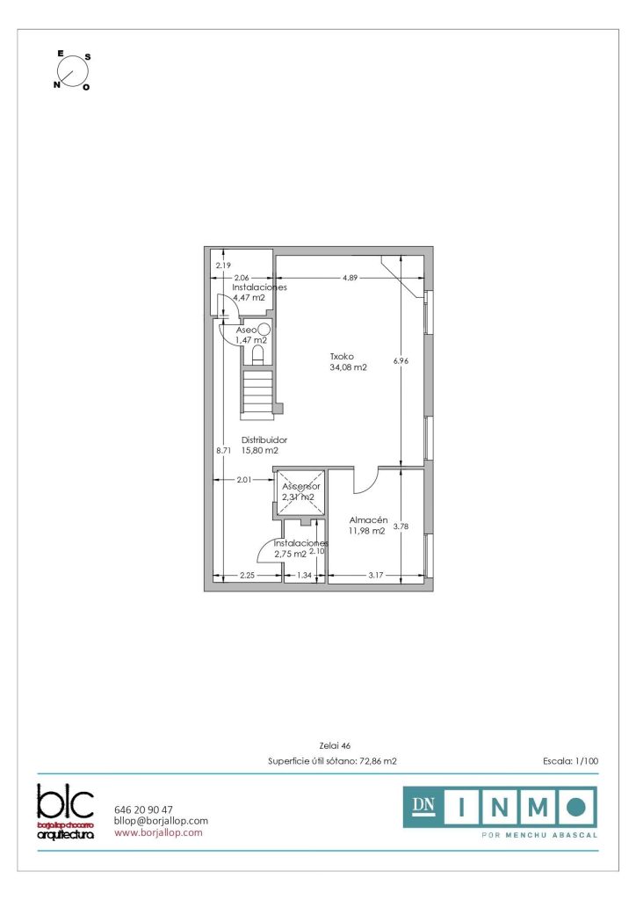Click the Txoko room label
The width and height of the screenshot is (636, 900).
pyautogui.click(x=342, y=357)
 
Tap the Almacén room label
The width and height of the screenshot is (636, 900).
pyautogui.click(x=368, y=520)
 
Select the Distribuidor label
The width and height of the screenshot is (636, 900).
pyautogui.click(x=264, y=439)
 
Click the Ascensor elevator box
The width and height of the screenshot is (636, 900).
pyautogui.click(x=300, y=492)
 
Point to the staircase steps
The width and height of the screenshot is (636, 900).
pyautogui.click(x=257, y=391)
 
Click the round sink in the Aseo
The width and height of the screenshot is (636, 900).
pyautogui.click(x=264, y=330)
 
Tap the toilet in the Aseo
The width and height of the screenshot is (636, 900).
pyautogui.click(x=258, y=354)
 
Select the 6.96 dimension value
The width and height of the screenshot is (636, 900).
pyautogui.click(x=401, y=361)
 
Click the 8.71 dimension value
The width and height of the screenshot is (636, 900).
pyautogui.click(x=223, y=451)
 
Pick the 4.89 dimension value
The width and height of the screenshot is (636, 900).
pyautogui.click(x=350, y=278)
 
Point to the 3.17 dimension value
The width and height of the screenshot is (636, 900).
pyautogui.click(x=376, y=575)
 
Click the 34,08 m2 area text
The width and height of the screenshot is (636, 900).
pyautogui.click(x=348, y=367)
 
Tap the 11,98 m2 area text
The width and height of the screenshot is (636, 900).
pyautogui.click(x=366, y=531)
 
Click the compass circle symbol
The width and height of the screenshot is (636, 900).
pyautogui.click(x=73, y=71)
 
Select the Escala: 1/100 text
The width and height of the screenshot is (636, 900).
pyautogui.click(x=571, y=761)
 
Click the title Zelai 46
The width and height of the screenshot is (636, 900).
pyautogui.click(x=335, y=745)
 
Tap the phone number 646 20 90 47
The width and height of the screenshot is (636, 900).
pyautogui.click(x=143, y=809)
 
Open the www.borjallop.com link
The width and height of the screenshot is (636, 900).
pyautogui.click(x=158, y=832)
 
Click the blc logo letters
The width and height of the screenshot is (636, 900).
pyautogui.click(x=65, y=802)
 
